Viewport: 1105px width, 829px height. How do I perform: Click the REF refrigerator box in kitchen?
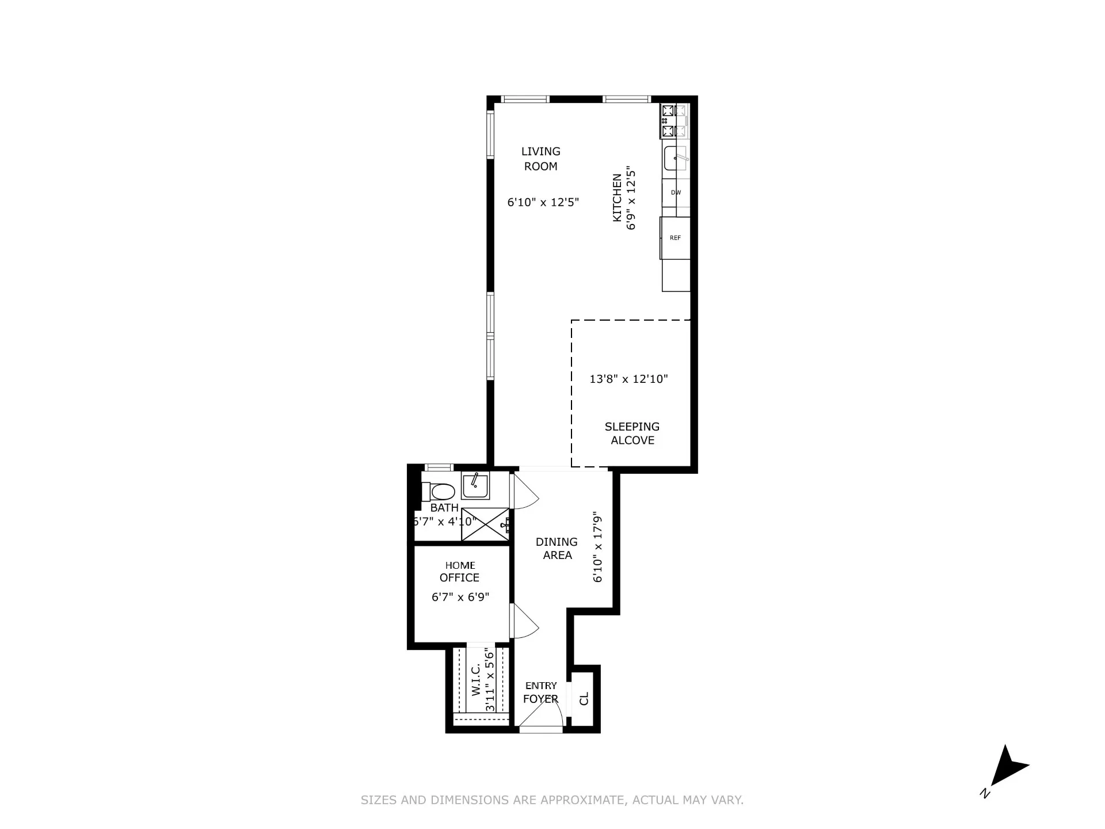[x=675, y=238]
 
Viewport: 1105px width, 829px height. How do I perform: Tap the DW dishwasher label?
[x=676, y=192]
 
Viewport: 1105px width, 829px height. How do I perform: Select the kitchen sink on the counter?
[x=675, y=158]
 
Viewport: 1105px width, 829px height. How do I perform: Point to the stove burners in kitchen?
[x=668, y=121]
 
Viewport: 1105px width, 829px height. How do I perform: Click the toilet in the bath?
[x=439, y=492]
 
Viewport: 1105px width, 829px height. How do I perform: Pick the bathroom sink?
[x=475, y=486]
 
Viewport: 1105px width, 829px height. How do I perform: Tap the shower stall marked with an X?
[x=485, y=524]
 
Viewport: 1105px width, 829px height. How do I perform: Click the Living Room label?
[x=540, y=159]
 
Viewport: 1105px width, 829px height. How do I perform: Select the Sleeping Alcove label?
[x=632, y=433]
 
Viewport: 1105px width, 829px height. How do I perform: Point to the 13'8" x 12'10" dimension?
[x=628, y=379]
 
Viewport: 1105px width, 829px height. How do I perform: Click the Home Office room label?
[x=460, y=572]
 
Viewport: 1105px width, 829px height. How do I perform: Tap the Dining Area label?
[x=557, y=549]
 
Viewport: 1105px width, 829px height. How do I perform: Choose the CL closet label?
[x=584, y=698]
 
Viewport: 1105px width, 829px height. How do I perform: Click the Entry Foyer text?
[x=541, y=692]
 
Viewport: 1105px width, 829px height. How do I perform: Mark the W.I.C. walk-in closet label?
[x=476, y=680]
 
